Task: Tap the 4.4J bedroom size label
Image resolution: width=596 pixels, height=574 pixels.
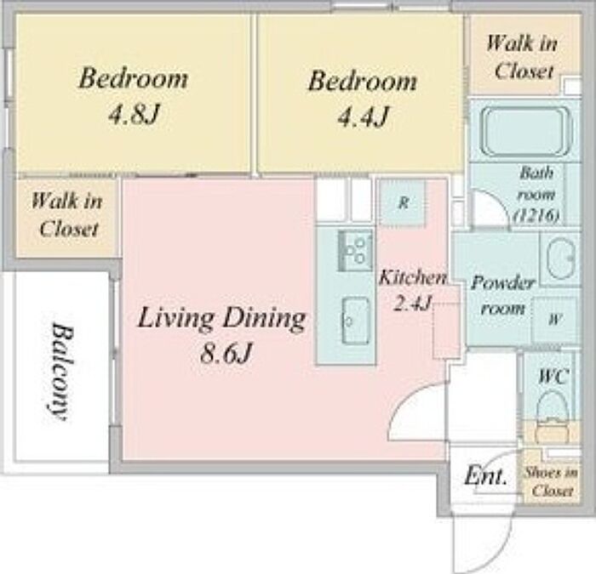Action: coord(363,117)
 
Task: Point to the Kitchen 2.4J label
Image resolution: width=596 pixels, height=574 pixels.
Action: coord(412,290)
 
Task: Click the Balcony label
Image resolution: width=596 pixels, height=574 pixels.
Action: coord(60,372)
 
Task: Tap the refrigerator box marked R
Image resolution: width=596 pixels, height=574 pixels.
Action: coord(403,203)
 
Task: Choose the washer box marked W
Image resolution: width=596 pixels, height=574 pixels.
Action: coord(554,320)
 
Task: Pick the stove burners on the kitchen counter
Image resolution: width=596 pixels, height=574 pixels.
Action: coord(355,250)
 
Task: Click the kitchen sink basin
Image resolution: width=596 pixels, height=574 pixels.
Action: coord(356,321)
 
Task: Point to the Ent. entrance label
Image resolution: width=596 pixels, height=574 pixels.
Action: coord(486,475)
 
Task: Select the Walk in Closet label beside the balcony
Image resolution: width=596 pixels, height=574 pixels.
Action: coord(67,214)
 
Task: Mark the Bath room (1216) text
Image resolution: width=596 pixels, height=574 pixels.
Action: coord(536,195)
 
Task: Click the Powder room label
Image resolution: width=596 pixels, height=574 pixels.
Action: coord(502,295)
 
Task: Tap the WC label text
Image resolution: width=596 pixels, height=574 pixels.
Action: coord(553,376)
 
